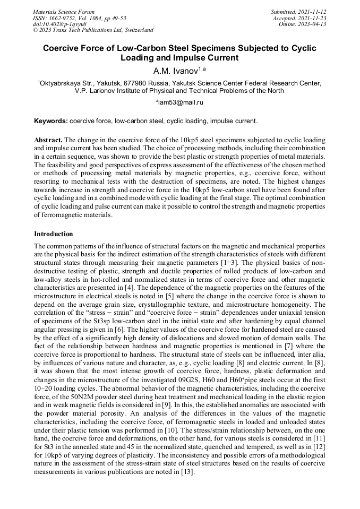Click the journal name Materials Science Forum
pyautogui.click(x=64, y=11)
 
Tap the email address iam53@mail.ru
pyautogui.click(x=179, y=102)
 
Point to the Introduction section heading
pyautogui.click(x=54, y=234)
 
